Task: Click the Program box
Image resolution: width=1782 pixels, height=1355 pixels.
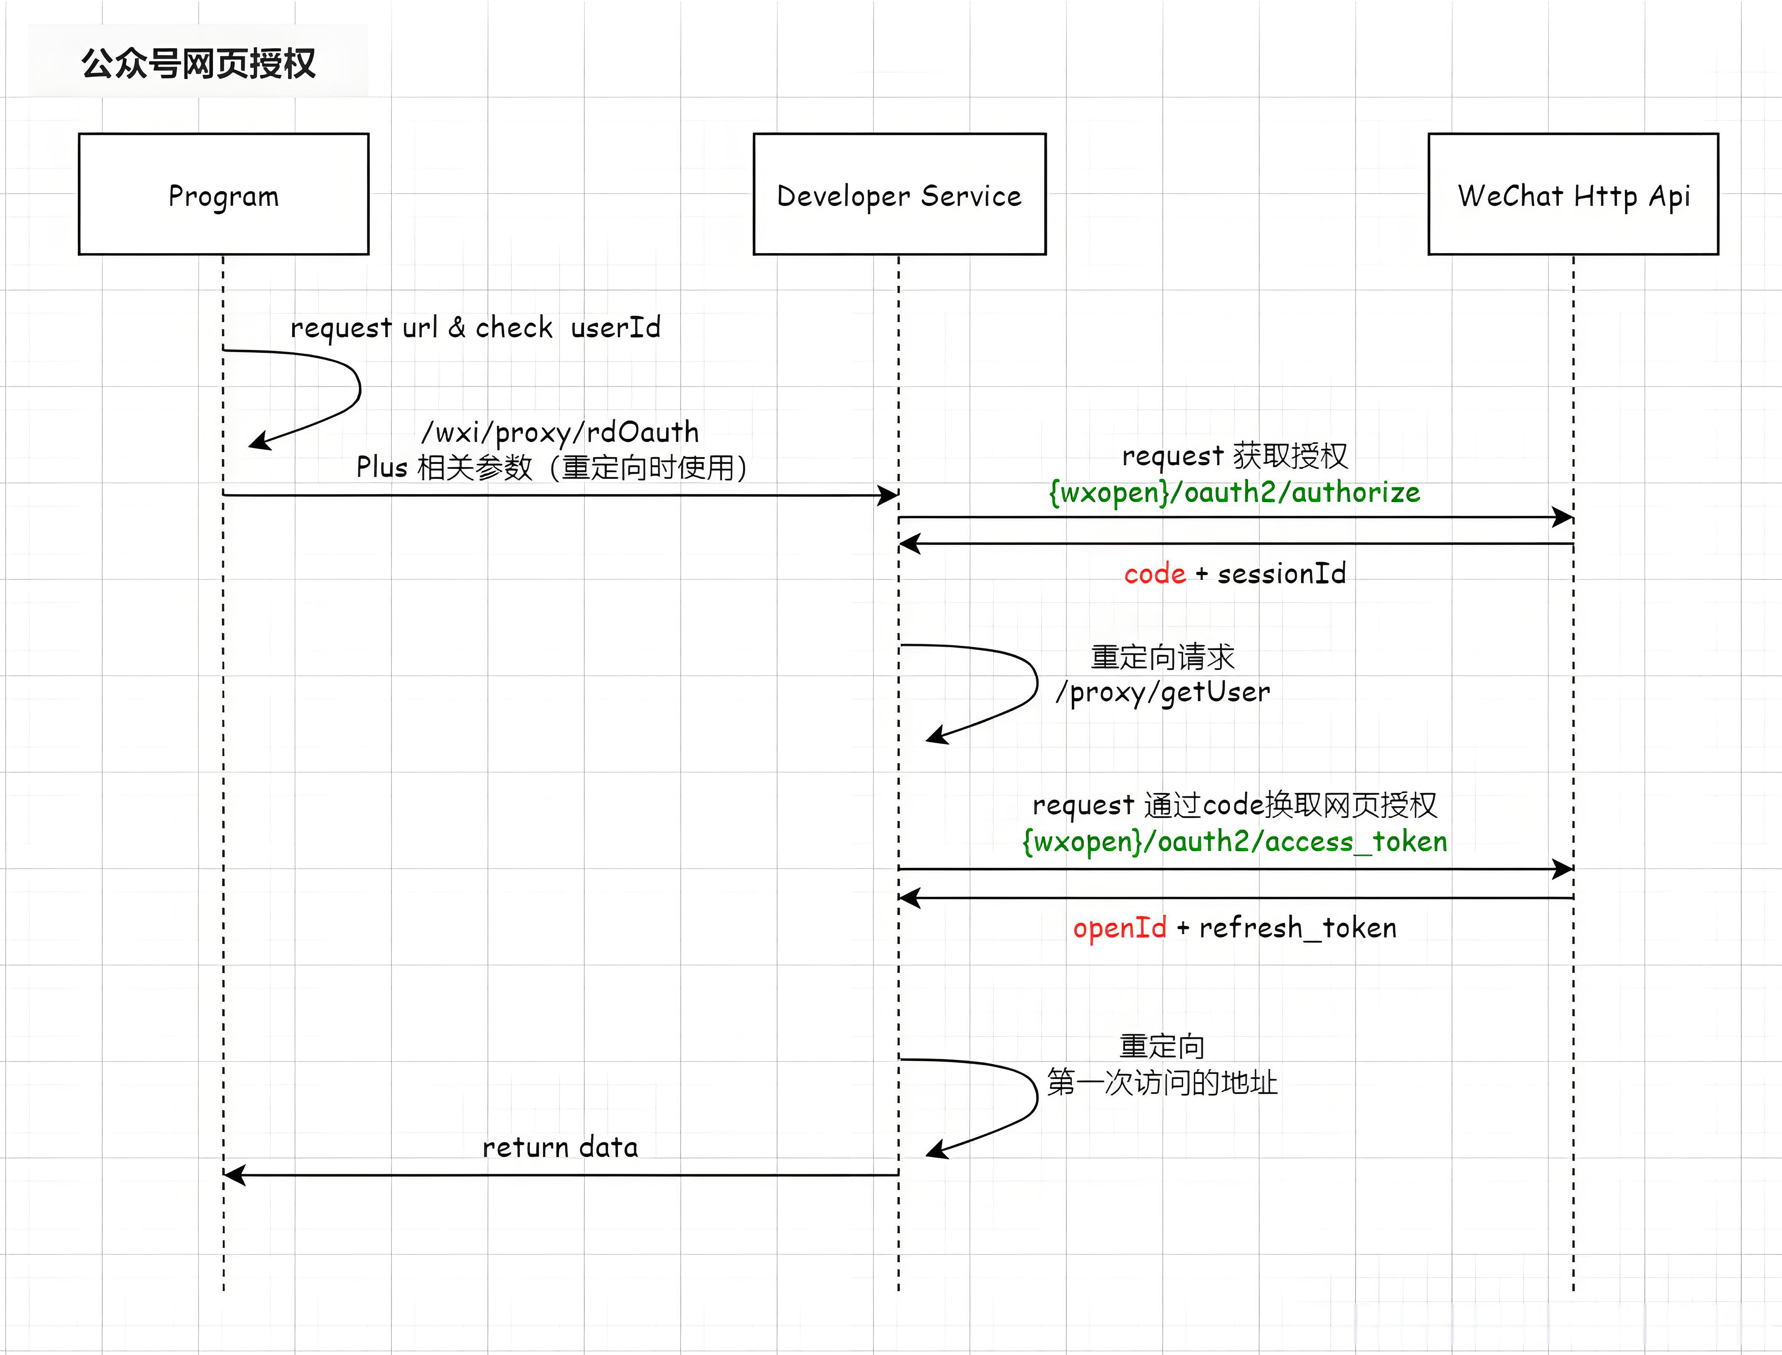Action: coord(223,195)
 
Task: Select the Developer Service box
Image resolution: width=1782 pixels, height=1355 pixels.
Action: coord(899,195)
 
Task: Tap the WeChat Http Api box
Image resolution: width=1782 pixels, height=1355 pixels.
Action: coord(1573,195)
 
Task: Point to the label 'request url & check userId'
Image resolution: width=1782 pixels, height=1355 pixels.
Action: coord(475,328)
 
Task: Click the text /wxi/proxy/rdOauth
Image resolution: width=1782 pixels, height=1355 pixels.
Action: coord(560,432)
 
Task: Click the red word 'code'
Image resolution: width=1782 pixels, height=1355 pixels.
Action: coord(1154,574)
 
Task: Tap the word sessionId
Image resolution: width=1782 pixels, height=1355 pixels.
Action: coord(1281,574)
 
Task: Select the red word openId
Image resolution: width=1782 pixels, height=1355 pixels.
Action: coord(1119,928)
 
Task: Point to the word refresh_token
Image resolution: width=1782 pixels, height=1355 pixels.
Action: coord(1297,928)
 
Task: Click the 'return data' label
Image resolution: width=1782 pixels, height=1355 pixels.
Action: coord(560,1147)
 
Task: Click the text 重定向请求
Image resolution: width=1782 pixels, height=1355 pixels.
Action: coord(1162,657)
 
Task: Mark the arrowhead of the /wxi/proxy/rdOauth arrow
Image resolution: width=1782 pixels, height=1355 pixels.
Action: coord(889,495)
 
